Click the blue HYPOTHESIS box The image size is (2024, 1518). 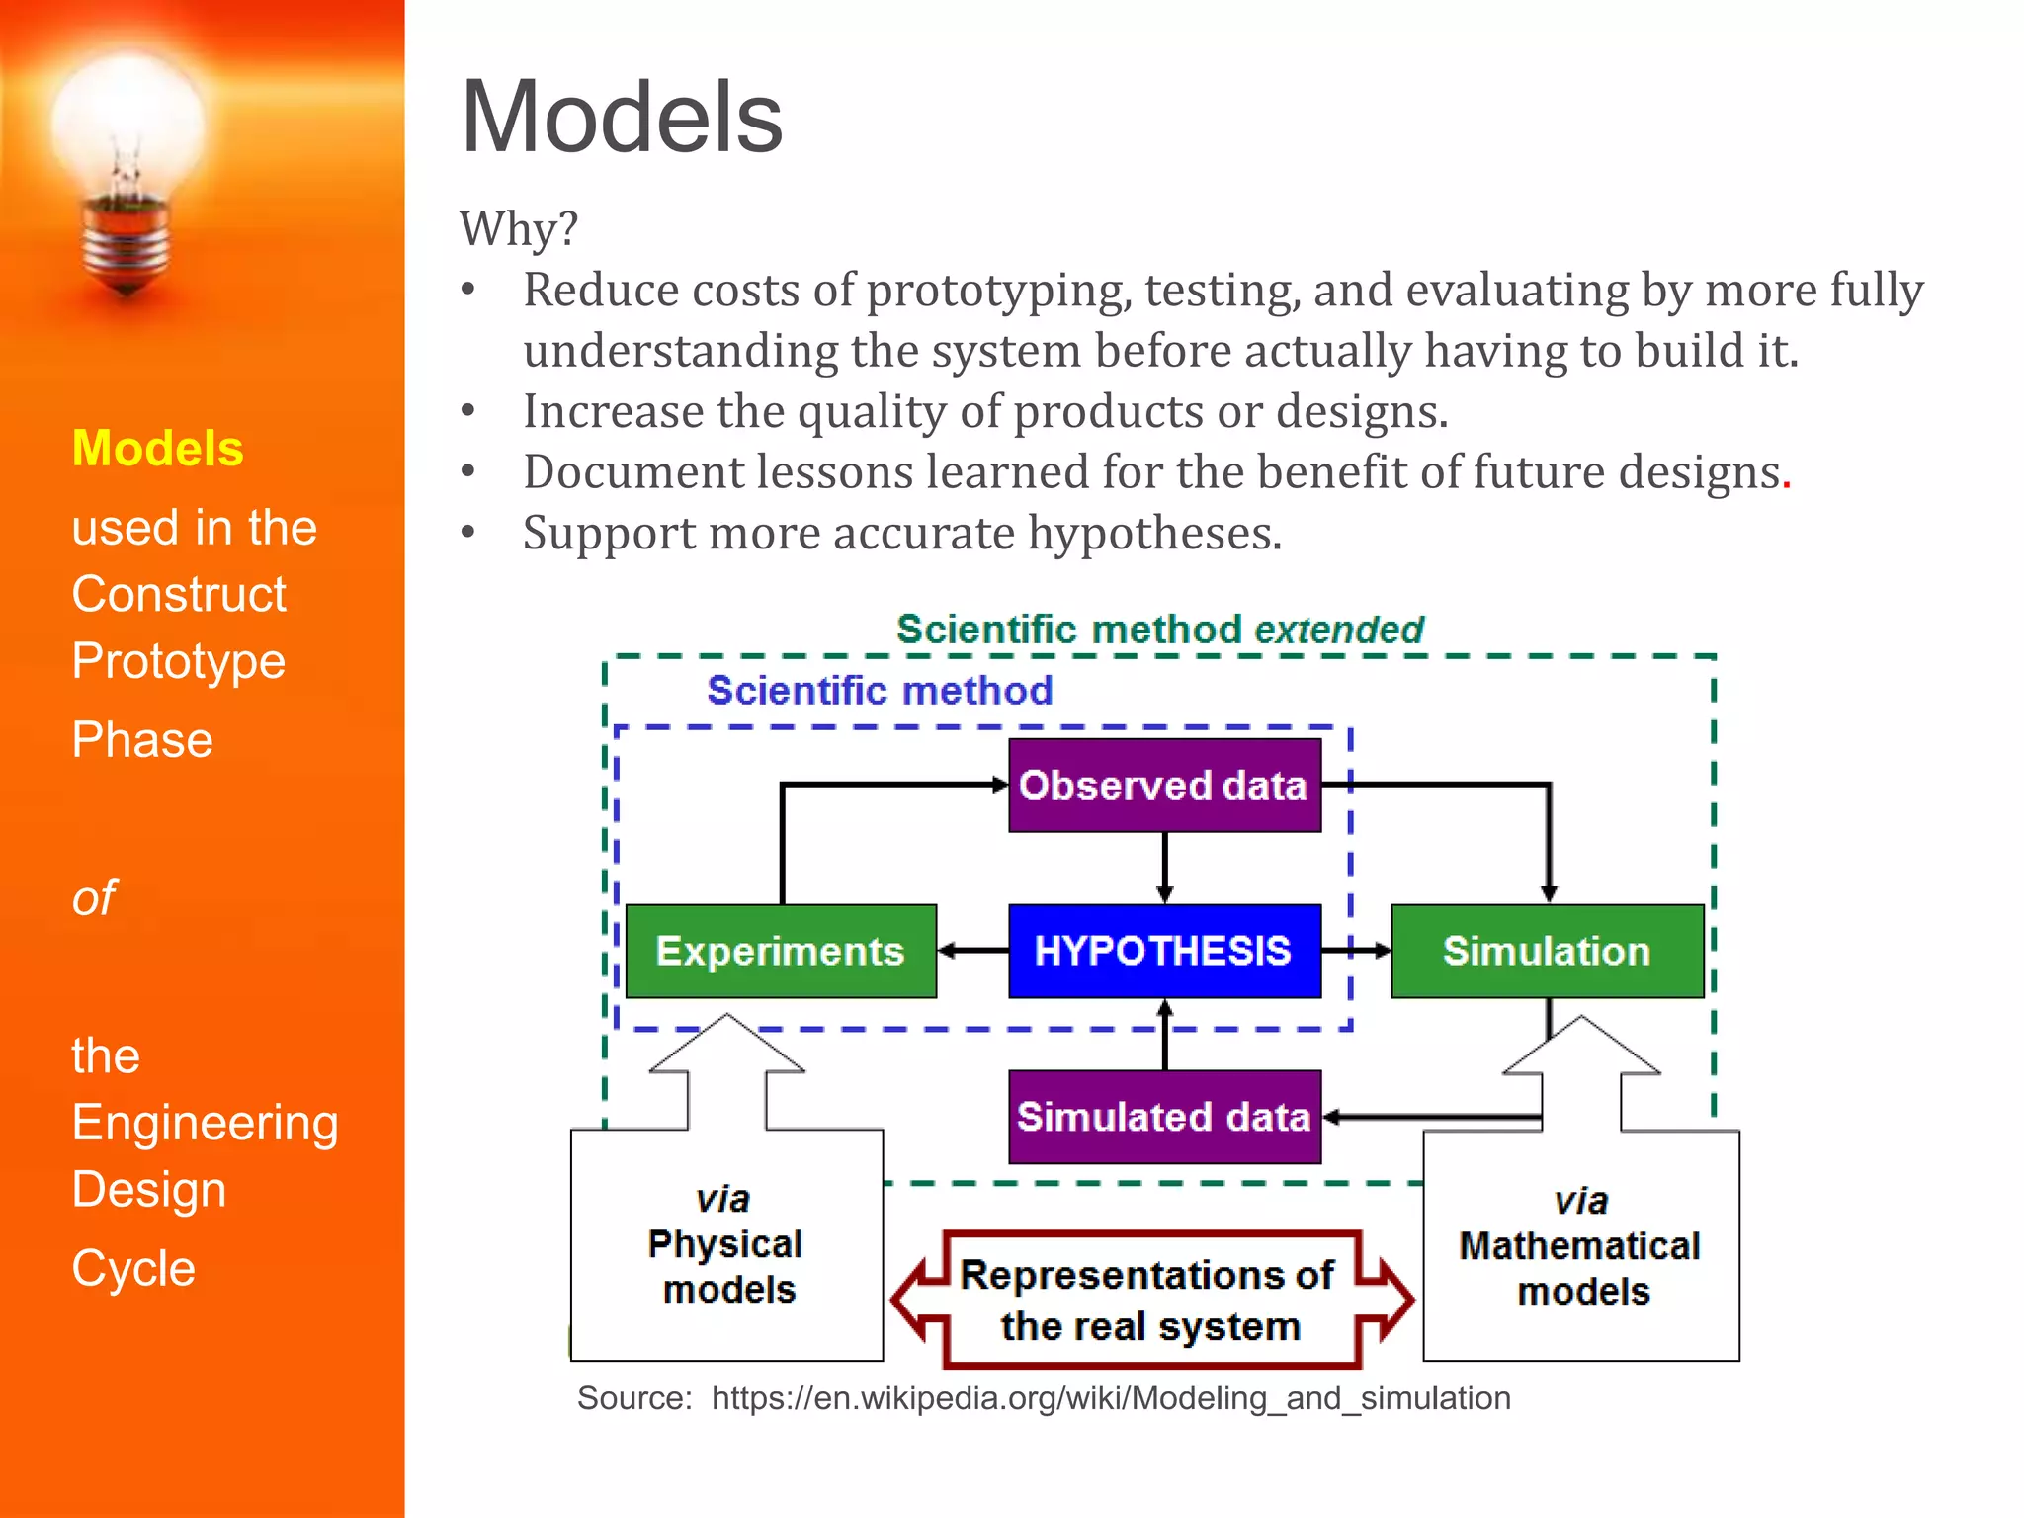1164,951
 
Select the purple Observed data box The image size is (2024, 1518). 1164,786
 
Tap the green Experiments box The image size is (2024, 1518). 781,951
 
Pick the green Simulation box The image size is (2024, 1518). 1547,951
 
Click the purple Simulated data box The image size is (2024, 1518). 1164,1117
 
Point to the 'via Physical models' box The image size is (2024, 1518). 726,1245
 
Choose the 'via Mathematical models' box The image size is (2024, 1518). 1580,1247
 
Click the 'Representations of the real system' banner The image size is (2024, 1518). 1149,1301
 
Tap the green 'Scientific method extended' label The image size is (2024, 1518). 1159,630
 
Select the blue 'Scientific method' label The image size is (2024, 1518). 880,691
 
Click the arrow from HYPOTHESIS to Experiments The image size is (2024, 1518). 972,951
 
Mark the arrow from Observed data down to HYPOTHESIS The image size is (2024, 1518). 1165,868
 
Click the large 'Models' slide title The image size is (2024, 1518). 622,118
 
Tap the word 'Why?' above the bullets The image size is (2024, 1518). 518,228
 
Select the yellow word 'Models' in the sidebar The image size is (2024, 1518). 157,449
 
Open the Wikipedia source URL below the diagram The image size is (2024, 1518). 1110,1398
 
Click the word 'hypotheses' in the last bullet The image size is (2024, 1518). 1153,534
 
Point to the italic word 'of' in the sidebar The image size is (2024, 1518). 94,898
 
